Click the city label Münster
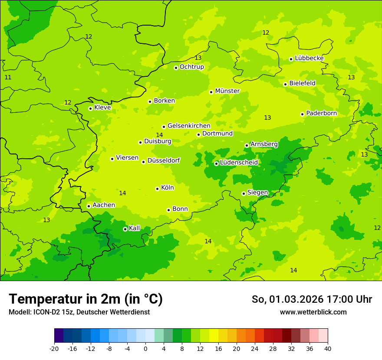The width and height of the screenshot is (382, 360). click(227, 91)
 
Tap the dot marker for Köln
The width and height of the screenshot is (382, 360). click(157, 189)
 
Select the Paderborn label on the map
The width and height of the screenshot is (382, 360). click(321, 114)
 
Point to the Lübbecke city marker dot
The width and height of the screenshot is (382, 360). click(291, 59)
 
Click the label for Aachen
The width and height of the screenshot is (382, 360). click(104, 205)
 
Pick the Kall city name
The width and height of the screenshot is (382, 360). click(135, 228)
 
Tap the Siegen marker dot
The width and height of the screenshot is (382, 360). click(244, 193)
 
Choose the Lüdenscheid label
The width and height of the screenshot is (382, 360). click(239, 163)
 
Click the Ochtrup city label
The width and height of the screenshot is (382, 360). click(191, 67)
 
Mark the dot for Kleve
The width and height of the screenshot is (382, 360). click(90, 108)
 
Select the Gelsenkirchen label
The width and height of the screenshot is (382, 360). click(189, 126)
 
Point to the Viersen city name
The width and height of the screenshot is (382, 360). click(127, 158)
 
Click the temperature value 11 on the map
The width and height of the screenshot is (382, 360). click(8, 77)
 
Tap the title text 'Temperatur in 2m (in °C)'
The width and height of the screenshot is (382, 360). click(86, 299)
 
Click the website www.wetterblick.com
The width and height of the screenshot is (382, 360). click(313, 312)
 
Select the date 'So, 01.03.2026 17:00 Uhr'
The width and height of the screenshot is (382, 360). click(311, 299)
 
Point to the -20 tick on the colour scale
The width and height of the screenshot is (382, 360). click(54, 348)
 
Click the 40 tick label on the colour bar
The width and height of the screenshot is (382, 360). click(327, 348)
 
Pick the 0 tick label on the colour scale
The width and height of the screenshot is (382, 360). click(145, 348)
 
